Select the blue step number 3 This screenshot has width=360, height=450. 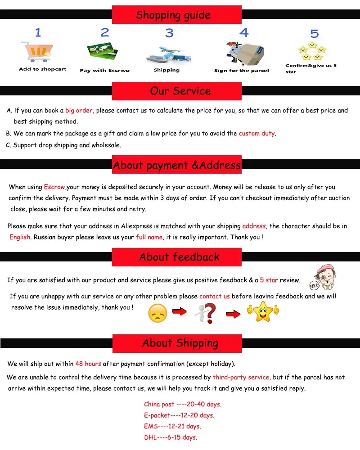click(169, 33)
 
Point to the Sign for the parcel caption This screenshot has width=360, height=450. click(242, 71)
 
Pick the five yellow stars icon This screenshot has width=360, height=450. click(311, 51)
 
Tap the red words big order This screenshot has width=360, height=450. click(79, 111)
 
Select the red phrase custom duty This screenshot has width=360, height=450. click(256, 133)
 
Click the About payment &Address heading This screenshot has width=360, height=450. click(176, 165)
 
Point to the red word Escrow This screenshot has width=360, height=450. click(54, 187)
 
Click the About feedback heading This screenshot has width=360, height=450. click(179, 257)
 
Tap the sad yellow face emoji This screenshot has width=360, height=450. click(157, 313)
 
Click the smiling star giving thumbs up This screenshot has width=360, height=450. click(262, 311)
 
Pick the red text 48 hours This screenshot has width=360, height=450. click(88, 364)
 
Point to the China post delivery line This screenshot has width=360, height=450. click(182, 404)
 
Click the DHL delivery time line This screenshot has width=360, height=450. click(170, 437)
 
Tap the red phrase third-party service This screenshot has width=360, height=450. click(242, 378)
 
